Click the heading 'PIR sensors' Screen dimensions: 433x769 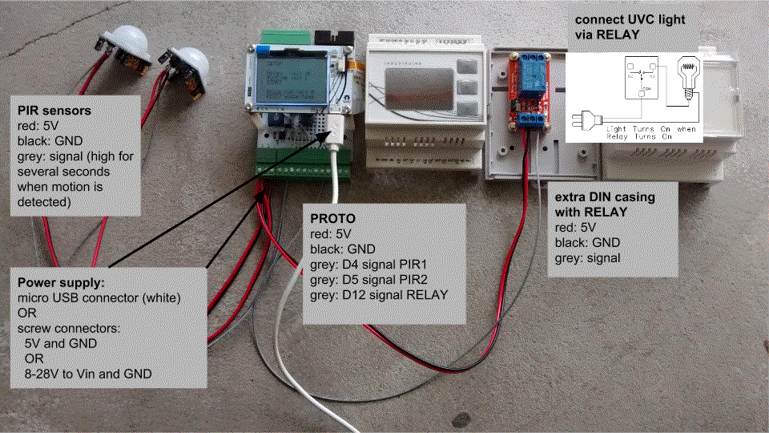[x=51, y=110]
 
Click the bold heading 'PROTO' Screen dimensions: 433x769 [x=332, y=219]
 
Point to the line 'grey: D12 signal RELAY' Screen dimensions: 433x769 [x=379, y=295]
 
